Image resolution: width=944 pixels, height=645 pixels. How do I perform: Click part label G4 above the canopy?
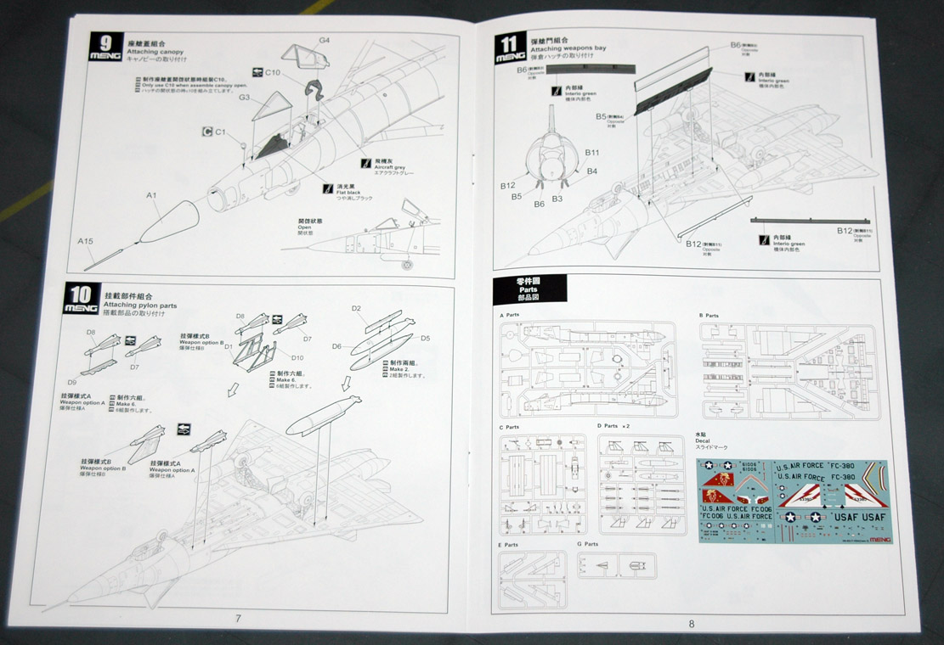tap(324, 39)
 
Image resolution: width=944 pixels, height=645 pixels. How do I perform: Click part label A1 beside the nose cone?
tap(151, 196)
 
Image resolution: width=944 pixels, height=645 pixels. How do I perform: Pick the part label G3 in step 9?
tap(244, 98)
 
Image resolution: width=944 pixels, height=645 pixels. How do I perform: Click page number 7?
tap(239, 617)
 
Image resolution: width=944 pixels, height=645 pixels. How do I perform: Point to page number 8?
tap(692, 623)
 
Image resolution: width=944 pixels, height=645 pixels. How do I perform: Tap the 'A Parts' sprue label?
tap(512, 315)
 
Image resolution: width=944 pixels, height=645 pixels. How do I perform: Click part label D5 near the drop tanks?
tap(425, 339)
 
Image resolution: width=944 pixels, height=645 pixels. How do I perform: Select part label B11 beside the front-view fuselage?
tap(592, 153)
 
